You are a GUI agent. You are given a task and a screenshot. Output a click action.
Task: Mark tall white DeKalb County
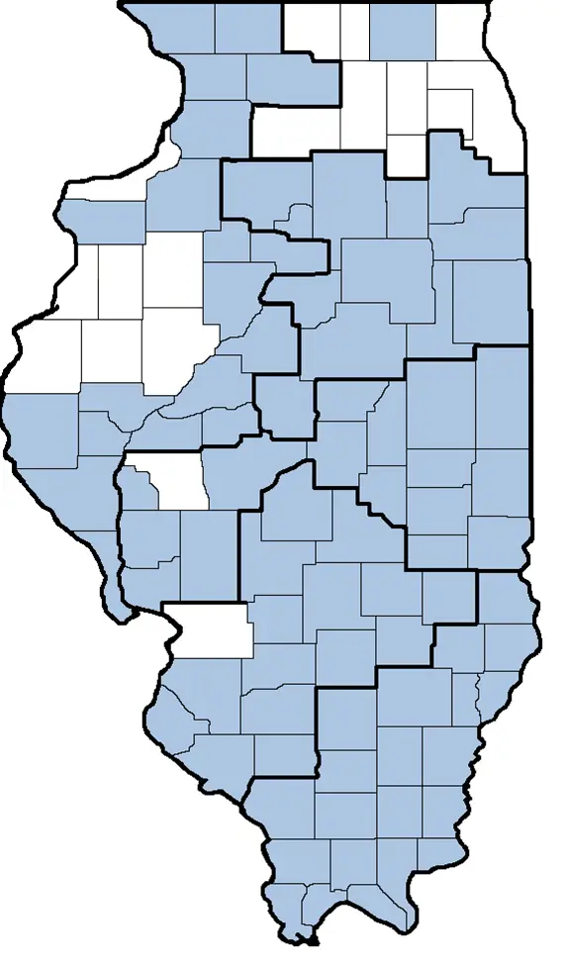365,104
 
